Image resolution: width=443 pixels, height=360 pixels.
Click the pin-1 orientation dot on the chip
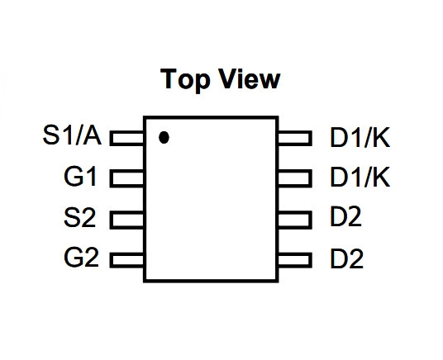click(x=164, y=138)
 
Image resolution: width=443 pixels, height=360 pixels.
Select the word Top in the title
click(x=185, y=80)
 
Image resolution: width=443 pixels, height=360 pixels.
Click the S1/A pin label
click(x=72, y=135)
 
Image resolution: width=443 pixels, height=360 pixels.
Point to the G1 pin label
click(x=80, y=177)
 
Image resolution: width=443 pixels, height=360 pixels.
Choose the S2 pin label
click(x=79, y=217)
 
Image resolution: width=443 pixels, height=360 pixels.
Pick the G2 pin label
click(x=81, y=258)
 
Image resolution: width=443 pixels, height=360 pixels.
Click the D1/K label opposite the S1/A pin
click(x=360, y=138)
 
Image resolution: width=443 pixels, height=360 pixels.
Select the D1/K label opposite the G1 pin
click(x=360, y=177)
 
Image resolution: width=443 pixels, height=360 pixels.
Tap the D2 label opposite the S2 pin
click(x=345, y=216)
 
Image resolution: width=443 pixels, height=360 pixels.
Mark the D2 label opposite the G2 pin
click(x=346, y=258)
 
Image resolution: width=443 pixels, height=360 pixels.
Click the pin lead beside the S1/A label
click(x=126, y=138)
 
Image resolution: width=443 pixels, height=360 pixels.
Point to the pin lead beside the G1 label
click(x=126, y=178)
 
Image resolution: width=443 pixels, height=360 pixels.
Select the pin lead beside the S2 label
click(x=126, y=220)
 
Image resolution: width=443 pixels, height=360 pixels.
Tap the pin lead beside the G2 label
click(x=126, y=260)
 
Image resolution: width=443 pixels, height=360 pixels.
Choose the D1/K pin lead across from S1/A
click(x=295, y=139)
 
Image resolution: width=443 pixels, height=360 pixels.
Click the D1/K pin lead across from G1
click(x=295, y=178)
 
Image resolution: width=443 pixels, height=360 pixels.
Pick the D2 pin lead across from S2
click(x=295, y=220)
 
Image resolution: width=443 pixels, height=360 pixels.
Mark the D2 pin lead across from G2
click(x=295, y=260)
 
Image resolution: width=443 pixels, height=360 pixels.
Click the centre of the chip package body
click(x=211, y=199)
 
